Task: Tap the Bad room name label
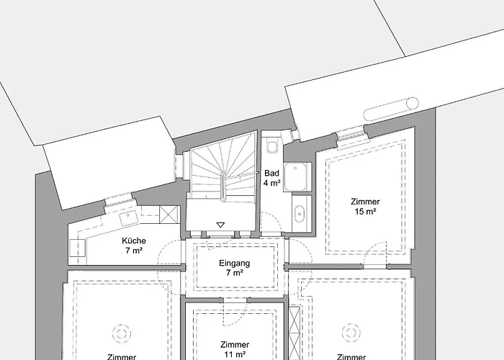pyautogui.click(x=271, y=174)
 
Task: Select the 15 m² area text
pyautogui.click(x=365, y=212)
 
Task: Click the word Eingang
pyautogui.click(x=234, y=264)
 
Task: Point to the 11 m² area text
pyautogui.click(x=236, y=355)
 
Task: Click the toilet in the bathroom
pyautogui.click(x=271, y=147)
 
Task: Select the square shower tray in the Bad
pyautogui.click(x=297, y=178)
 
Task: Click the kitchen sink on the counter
pyautogui.click(x=132, y=215)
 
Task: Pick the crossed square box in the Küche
pyautogui.click(x=169, y=215)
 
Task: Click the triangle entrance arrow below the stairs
pyautogui.click(x=220, y=224)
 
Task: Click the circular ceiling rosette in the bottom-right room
pyautogui.click(x=351, y=332)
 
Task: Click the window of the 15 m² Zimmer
pyautogui.click(x=350, y=132)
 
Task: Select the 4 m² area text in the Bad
pyautogui.click(x=271, y=184)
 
